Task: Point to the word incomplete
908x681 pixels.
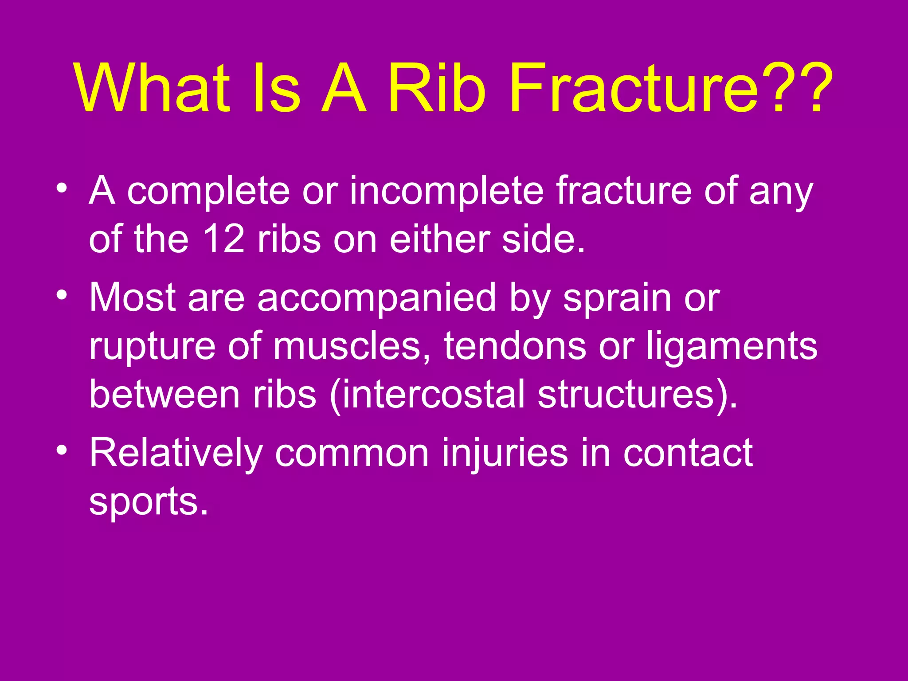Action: pyautogui.click(x=446, y=192)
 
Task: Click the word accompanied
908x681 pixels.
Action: pyautogui.click(x=376, y=298)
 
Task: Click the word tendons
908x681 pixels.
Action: pyautogui.click(x=515, y=346)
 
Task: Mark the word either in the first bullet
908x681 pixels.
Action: pyautogui.click(x=439, y=239)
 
